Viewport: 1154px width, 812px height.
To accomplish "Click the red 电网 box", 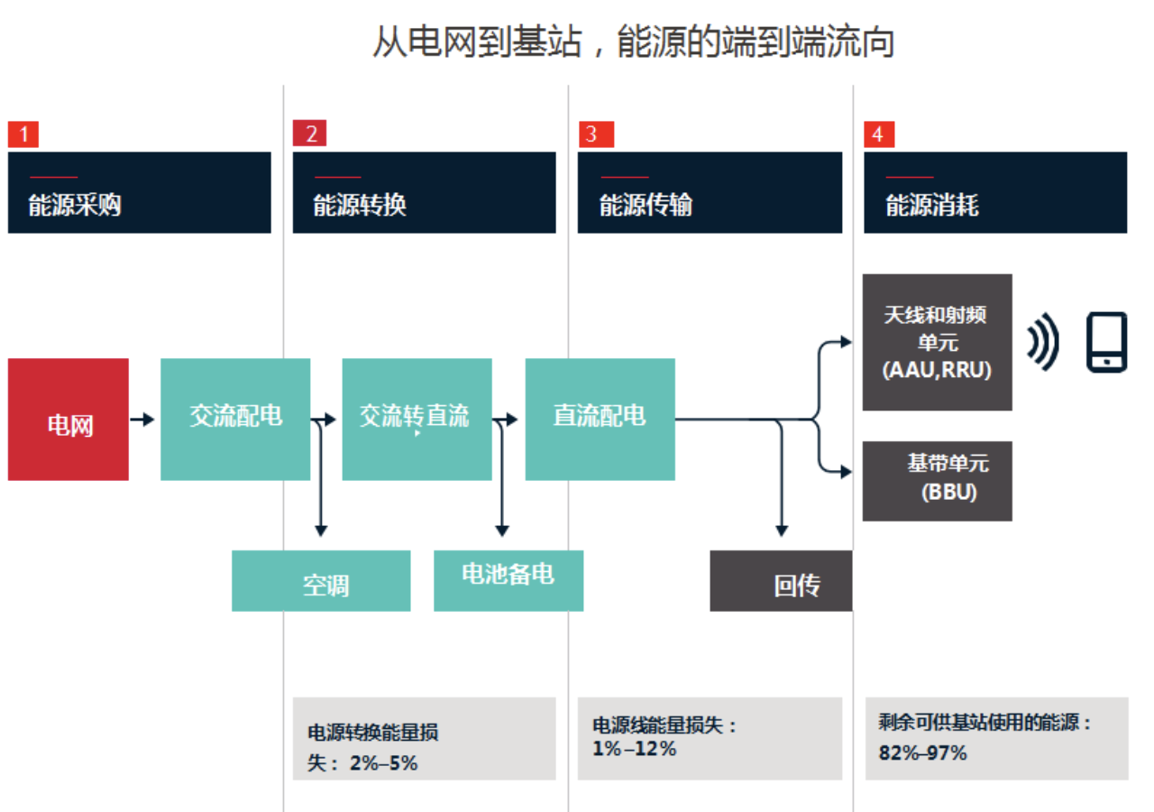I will [x=69, y=420].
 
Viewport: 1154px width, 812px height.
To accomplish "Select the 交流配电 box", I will [x=235, y=420].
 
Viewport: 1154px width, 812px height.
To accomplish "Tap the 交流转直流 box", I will [x=417, y=420].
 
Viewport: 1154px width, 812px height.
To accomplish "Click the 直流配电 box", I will [x=600, y=420].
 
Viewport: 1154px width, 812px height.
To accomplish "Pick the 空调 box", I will [x=321, y=581].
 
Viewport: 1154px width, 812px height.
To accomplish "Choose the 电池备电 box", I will [x=508, y=581].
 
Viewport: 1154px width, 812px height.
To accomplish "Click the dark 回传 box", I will [x=781, y=581].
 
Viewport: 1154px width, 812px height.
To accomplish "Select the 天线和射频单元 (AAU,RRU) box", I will [x=938, y=342].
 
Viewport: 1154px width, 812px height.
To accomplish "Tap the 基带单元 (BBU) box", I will [x=938, y=480].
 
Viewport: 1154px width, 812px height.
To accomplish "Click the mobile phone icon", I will [x=1106, y=342].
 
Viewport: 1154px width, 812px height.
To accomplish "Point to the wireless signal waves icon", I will [x=1043, y=342].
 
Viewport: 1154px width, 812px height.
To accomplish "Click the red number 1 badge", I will [x=23, y=134].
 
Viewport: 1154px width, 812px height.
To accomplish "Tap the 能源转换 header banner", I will [x=424, y=192].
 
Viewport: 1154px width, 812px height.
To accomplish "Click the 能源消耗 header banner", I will [x=995, y=192].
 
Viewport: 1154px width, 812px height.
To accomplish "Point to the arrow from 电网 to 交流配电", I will [x=142, y=420].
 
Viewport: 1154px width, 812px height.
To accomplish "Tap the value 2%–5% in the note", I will [x=383, y=763].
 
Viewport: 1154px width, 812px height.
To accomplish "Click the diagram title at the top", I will [x=633, y=42].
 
